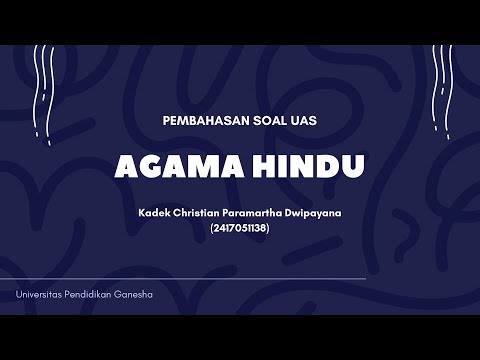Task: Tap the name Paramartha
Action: point(264,212)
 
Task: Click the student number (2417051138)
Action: point(240,227)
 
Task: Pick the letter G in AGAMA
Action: point(144,166)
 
